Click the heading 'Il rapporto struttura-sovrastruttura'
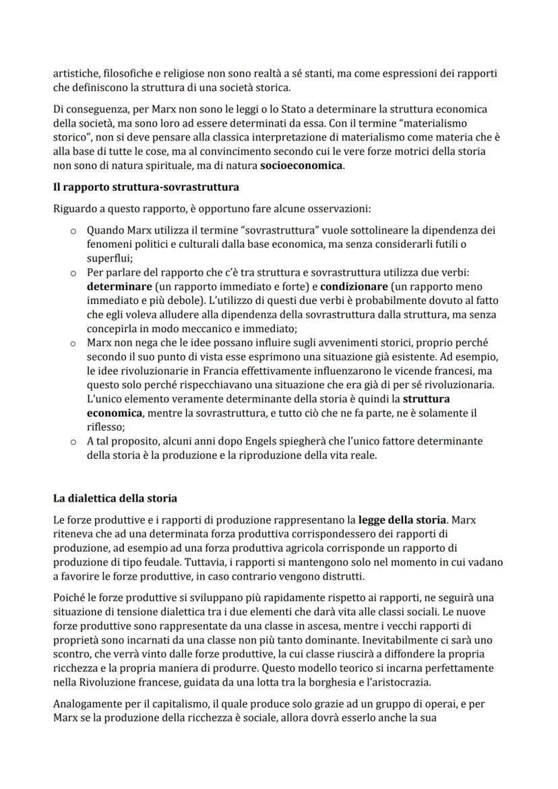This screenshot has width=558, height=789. tap(146, 186)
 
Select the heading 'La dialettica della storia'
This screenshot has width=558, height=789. tap(115, 499)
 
